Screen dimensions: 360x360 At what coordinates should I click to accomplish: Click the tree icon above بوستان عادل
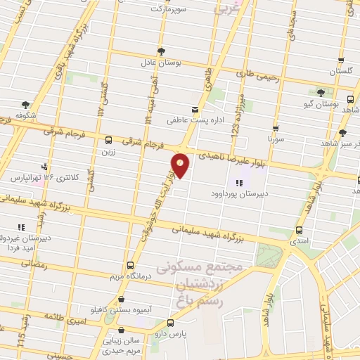(162, 51)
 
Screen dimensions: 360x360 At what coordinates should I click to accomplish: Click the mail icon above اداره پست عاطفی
(195, 110)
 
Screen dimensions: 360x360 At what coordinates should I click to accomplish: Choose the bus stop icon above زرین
(108, 139)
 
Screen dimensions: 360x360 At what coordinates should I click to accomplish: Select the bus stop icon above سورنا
(276, 129)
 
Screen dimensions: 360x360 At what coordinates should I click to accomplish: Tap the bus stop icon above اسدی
(300, 230)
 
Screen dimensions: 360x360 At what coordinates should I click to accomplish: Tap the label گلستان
(340, 72)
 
